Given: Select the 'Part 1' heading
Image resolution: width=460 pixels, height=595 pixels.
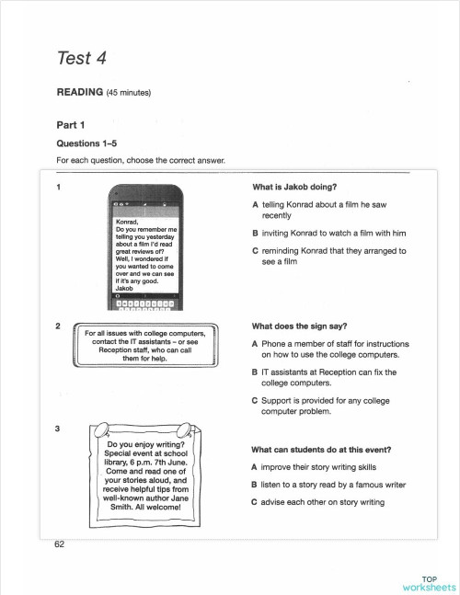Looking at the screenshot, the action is [70, 125].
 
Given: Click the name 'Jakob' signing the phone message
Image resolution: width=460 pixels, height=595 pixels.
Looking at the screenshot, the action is [123, 289].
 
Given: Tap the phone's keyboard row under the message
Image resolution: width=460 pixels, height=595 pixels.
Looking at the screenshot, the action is [143, 303].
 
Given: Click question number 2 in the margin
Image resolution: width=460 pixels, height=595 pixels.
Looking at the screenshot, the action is [59, 326].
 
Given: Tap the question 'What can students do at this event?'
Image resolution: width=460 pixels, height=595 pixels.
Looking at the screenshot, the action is [320, 450].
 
